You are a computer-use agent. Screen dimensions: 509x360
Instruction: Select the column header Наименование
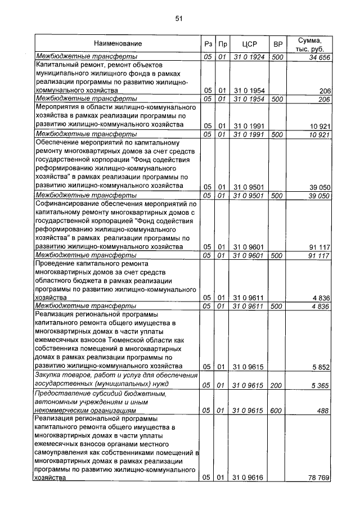point(118,43)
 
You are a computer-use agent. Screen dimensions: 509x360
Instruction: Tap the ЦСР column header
point(249,44)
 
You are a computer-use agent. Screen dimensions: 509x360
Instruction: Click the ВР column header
point(277,44)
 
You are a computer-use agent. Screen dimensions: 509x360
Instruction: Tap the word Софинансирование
point(66,204)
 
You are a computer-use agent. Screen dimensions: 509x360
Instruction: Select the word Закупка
point(50,376)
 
